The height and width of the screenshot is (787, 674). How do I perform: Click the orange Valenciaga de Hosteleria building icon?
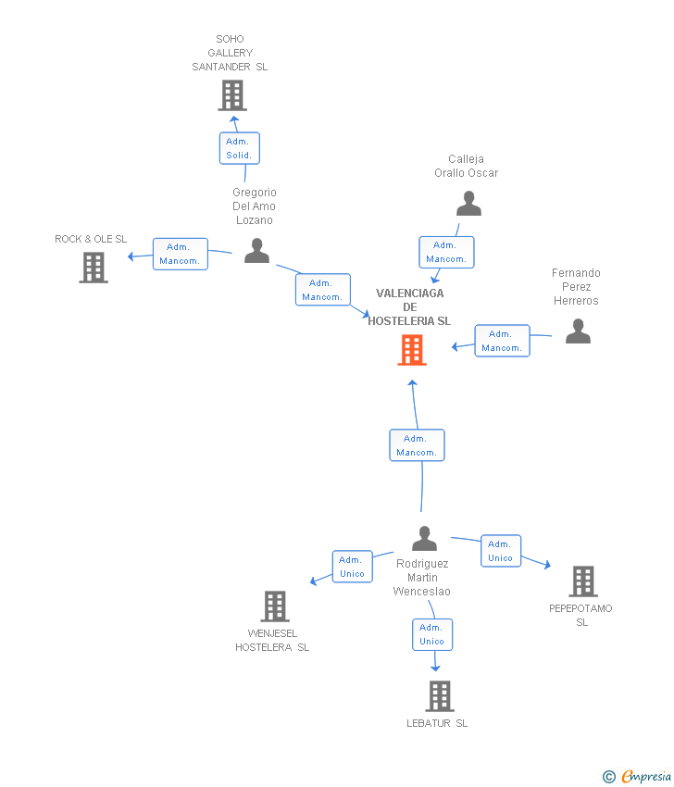(x=412, y=350)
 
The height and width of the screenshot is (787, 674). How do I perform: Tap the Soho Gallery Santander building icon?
(x=232, y=95)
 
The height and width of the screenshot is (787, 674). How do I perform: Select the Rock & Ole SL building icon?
(x=94, y=268)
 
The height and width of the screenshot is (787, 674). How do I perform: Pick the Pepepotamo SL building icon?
(x=583, y=581)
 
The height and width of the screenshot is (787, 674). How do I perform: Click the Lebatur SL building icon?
(x=440, y=696)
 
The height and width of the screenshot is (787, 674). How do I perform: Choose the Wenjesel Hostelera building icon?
(x=275, y=606)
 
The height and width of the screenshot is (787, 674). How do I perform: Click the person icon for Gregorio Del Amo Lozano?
(x=257, y=251)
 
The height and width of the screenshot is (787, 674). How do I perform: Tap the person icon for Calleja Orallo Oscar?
(x=468, y=204)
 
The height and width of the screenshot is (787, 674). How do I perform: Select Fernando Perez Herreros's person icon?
(x=578, y=331)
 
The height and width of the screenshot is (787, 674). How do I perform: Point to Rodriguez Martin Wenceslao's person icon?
(x=425, y=538)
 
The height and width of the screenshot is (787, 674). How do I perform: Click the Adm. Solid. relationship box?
(x=240, y=148)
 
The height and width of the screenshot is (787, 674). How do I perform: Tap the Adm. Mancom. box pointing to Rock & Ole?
(x=181, y=254)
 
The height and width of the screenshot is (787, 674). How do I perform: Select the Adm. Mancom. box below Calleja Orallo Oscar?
(x=446, y=252)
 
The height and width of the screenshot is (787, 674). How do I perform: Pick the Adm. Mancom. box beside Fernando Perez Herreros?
(x=503, y=341)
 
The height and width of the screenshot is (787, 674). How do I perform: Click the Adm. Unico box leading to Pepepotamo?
(x=501, y=551)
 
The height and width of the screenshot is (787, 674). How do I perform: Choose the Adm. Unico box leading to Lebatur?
(x=432, y=634)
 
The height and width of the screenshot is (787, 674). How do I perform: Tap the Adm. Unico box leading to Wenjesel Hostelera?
(x=353, y=566)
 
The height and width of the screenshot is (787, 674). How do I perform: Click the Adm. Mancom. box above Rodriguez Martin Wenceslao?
(x=417, y=445)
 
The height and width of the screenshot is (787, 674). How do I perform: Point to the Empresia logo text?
(x=646, y=776)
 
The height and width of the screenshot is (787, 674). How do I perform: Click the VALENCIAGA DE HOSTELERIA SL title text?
(x=409, y=306)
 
